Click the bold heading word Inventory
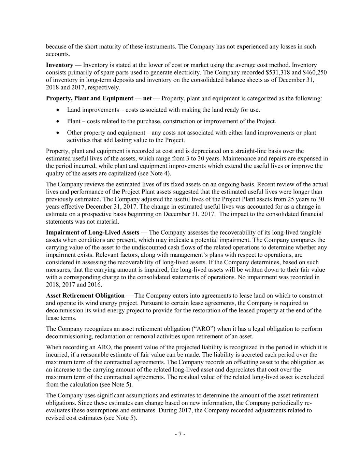(59, 65)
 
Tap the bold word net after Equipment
(147, 98)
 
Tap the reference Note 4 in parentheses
(160, 173)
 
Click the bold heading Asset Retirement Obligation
(85, 295)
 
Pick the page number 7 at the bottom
(180, 434)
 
